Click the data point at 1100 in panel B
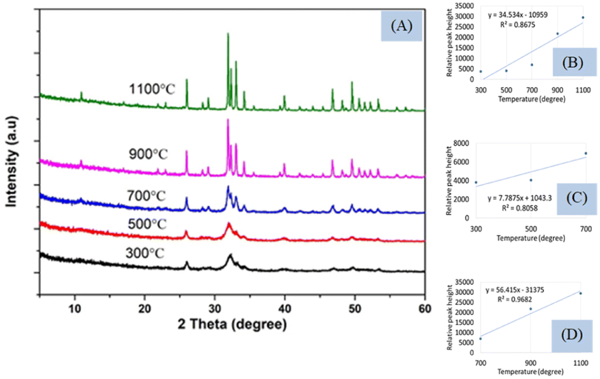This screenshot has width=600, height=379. point(583,17)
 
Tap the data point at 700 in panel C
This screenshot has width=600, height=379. point(585,153)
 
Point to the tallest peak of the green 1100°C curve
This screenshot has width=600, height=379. point(228,34)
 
